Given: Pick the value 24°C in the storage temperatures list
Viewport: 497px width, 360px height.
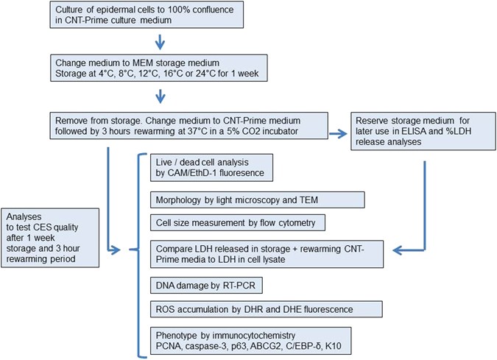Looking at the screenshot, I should [217, 74].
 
